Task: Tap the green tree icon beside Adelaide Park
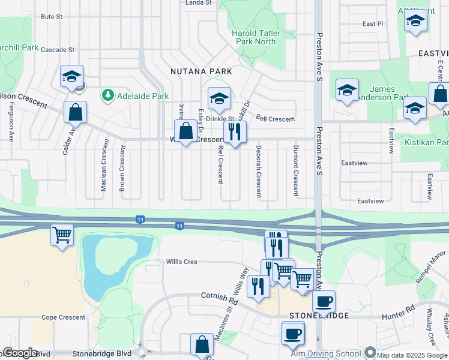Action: pyautogui.click(x=108, y=95)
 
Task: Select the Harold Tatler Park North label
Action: pyautogui.click(x=256, y=37)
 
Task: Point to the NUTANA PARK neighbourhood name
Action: pyautogui.click(x=202, y=71)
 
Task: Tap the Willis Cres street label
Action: pyautogui.click(x=182, y=262)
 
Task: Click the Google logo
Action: pyautogui.click(x=19, y=353)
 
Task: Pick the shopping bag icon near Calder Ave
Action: pyautogui.click(x=76, y=112)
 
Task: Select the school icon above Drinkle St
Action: pyautogui.click(x=219, y=97)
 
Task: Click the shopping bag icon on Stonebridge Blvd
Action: pyautogui.click(x=202, y=344)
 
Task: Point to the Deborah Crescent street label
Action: pyautogui.click(x=259, y=172)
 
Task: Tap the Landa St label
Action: pyautogui.click(x=199, y=3)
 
